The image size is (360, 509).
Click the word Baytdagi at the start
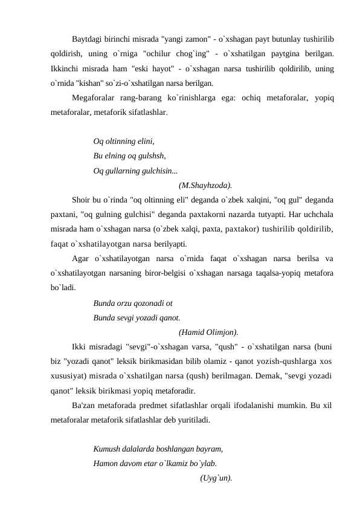(x=87, y=40)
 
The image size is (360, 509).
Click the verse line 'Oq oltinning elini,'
(x=124, y=141)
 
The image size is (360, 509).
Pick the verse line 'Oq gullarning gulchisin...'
(x=135, y=170)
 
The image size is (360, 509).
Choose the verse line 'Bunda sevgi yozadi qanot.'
(x=137, y=317)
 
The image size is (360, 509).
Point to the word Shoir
(x=81, y=200)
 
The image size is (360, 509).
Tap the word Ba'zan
(x=83, y=405)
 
